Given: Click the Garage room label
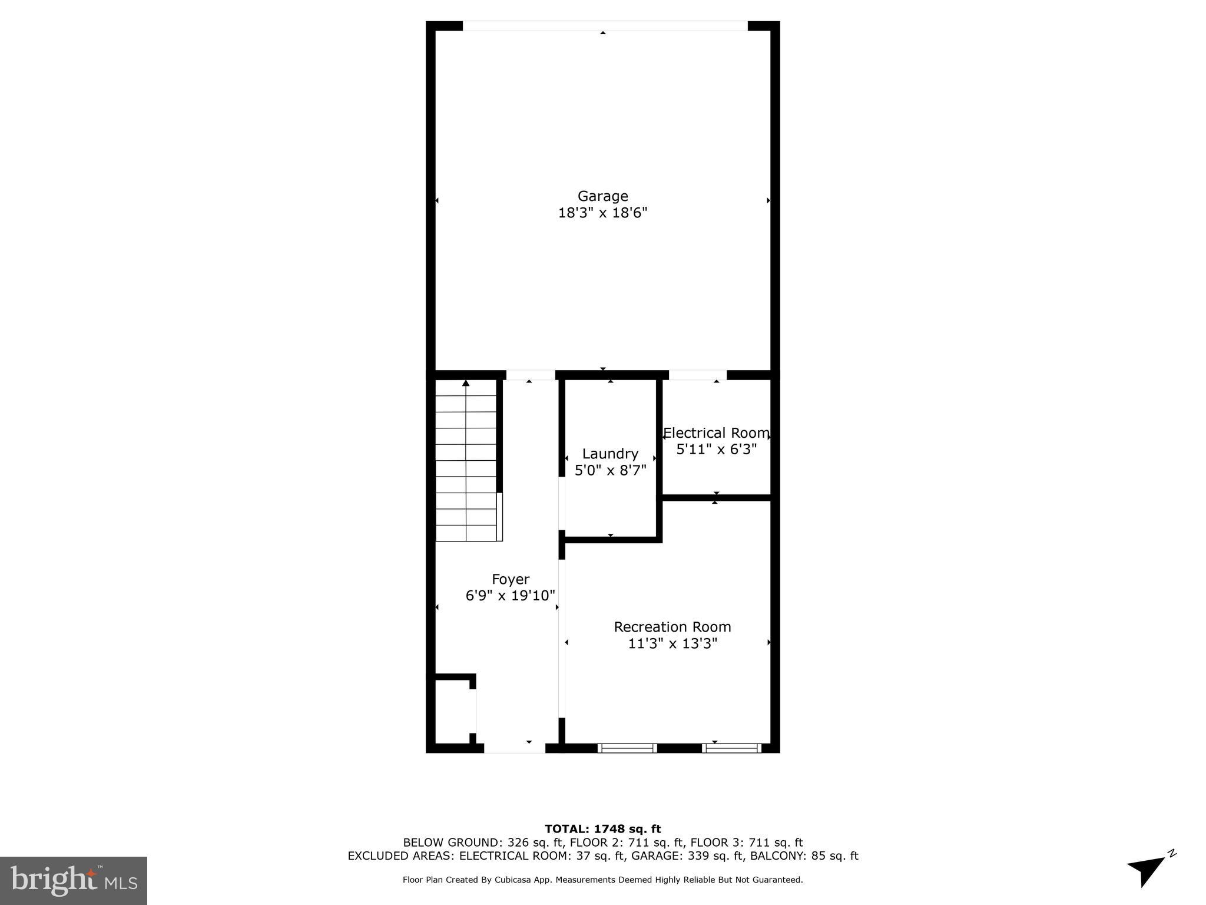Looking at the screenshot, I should [602, 196].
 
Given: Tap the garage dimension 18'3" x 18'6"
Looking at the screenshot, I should [602, 213].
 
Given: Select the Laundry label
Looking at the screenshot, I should [610, 454].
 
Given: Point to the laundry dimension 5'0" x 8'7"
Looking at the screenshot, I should [610, 470].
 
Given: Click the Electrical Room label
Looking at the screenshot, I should [716, 433].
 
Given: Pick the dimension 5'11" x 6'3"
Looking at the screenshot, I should [716, 450].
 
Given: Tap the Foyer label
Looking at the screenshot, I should [511, 579].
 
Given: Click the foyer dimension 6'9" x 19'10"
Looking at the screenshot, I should [511, 596].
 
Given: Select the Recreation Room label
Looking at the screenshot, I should [672, 627].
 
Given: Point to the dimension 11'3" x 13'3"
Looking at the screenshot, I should [672, 643].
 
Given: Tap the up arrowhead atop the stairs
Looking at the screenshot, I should [466, 384].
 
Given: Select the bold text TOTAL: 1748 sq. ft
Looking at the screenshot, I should [602, 829].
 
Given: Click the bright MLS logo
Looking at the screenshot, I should [74, 880].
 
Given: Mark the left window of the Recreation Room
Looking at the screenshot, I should [627, 748].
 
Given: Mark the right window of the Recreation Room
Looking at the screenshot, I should [732, 748].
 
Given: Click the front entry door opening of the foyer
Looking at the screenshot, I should [515, 748].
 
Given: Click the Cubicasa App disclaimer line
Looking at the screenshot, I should [602, 880].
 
